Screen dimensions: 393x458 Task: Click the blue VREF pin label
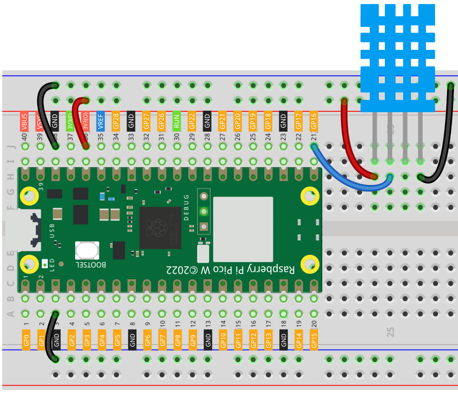click(101, 121)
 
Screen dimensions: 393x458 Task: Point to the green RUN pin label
click(177, 121)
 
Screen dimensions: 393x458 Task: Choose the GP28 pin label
click(116, 121)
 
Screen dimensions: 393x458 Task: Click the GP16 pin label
click(314, 121)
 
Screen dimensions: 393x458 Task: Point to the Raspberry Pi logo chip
click(160, 227)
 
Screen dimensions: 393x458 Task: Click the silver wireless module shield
click(243, 229)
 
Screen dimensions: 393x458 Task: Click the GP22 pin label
click(192, 121)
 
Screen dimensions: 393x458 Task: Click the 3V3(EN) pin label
click(70, 121)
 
